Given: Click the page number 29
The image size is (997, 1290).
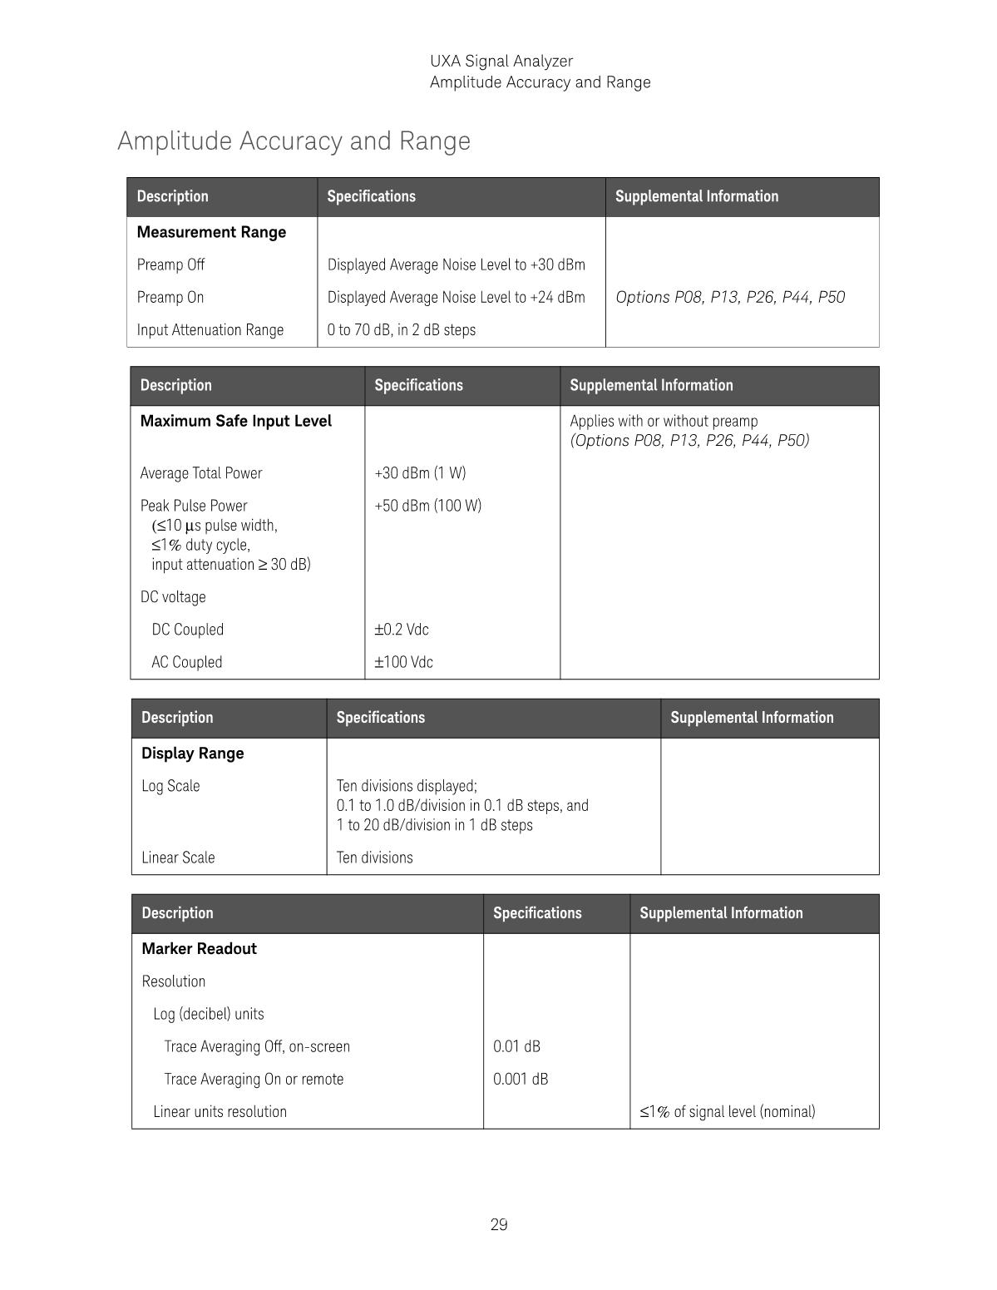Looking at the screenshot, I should (x=499, y=1224).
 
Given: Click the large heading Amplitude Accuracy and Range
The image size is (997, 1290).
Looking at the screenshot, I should (x=294, y=141).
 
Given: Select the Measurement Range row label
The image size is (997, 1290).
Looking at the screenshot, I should (x=211, y=232).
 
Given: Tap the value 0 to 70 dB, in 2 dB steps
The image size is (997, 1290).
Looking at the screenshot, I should (x=402, y=329).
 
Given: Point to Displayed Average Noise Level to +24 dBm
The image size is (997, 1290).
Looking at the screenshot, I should (x=456, y=297).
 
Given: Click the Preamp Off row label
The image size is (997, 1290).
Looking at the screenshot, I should (x=170, y=264).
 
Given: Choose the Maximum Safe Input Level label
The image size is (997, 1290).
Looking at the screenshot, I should (x=235, y=421).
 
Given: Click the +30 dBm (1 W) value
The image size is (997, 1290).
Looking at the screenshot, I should (x=420, y=472).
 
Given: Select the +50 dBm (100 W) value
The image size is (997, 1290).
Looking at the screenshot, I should (x=427, y=506).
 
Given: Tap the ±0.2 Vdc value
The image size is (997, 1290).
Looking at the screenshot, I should (x=402, y=629).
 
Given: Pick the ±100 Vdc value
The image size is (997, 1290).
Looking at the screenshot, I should (x=403, y=662).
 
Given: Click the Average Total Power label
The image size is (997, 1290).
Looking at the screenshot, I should (x=201, y=472).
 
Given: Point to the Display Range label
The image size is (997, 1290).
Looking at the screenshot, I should (x=192, y=754).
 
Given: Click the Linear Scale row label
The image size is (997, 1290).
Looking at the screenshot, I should (x=178, y=858).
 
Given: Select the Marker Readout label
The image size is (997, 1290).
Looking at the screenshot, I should (x=199, y=949).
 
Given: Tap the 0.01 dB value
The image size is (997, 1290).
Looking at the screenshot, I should (x=516, y=1046).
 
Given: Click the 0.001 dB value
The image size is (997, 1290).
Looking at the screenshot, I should (x=521, y=1079).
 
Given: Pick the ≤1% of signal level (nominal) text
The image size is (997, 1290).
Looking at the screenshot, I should (x=728, y=1111).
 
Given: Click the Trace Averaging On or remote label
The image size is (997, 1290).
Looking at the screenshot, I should (x=254, y=1079).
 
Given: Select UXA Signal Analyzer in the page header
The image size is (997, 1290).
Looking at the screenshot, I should (x=501, y=61).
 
